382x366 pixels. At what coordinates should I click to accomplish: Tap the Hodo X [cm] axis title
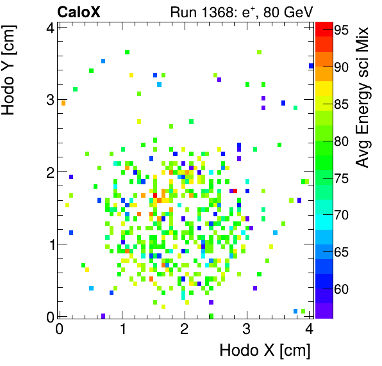265,351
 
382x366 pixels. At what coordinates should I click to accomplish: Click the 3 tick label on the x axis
247,328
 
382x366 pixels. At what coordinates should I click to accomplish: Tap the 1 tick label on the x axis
122,328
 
